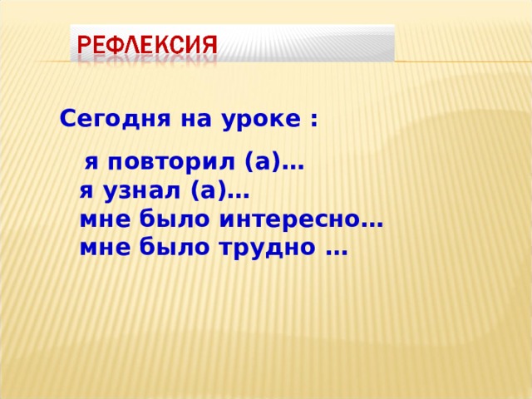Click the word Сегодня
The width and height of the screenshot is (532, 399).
[x=100, y=119]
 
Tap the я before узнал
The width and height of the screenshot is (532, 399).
[x=86, y=194]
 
